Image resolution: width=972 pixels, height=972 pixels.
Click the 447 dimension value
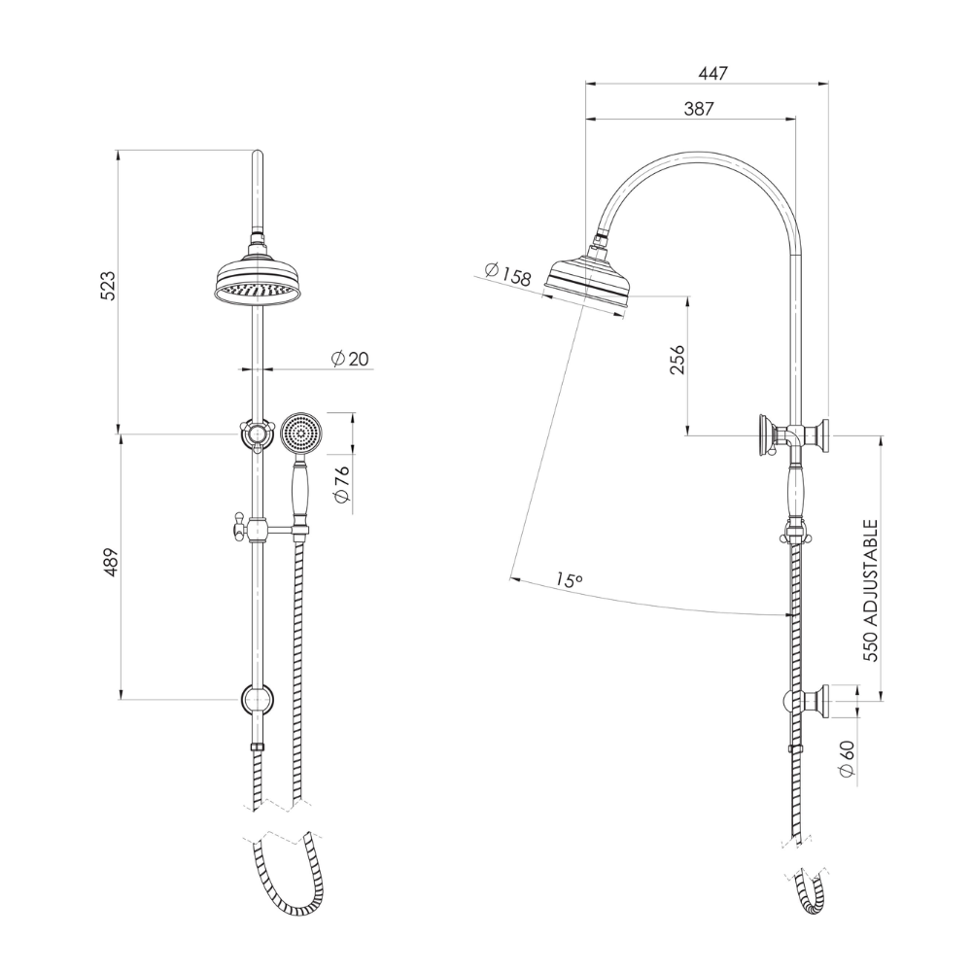712,73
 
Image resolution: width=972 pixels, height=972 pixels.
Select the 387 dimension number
699,109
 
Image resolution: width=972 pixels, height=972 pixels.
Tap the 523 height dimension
108,286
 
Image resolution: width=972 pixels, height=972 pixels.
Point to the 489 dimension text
111,563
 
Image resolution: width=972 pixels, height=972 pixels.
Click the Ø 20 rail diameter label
350,359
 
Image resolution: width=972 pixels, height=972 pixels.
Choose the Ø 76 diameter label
342,483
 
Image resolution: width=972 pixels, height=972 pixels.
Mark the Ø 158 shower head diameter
507,275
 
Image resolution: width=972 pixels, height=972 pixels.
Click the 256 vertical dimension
677,361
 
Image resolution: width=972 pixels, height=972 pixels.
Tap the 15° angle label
569,580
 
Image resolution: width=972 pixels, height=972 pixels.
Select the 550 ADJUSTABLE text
871,591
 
